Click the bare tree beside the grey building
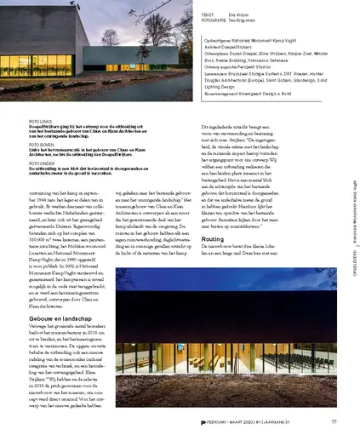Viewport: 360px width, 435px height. pos(110,38)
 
